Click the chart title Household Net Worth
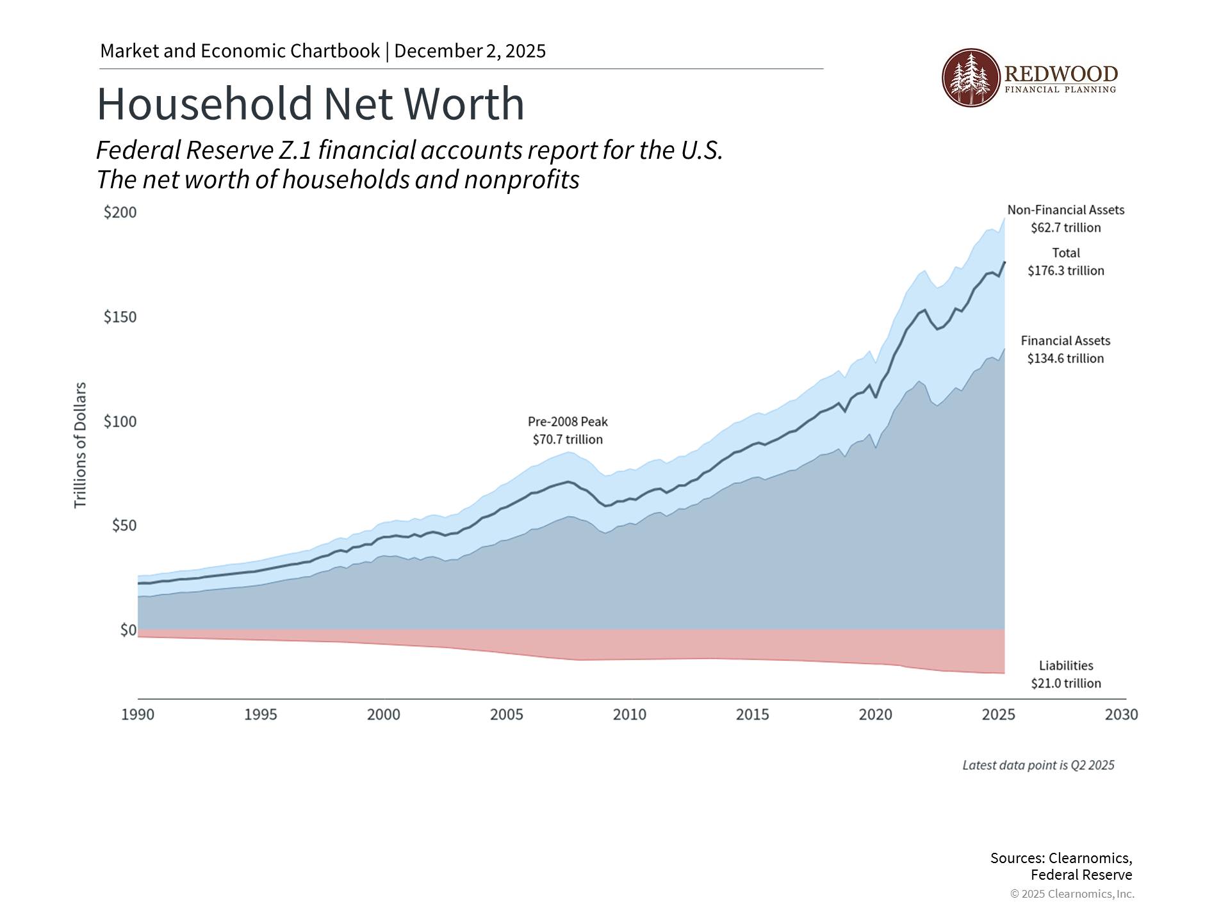(310, 104)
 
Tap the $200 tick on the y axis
(120, 213)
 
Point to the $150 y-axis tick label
(120, 317)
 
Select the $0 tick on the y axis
(128, 630)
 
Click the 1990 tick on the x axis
(138, 715)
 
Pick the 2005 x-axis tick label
(507, 715)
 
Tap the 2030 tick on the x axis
(1121, 715)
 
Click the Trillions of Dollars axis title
(80, 445)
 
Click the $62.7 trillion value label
(1066, 228)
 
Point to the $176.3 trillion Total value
(1066, 271)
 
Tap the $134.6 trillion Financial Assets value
(1066, 359)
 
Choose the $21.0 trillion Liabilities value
(1066, 683)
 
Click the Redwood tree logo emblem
(971, 77)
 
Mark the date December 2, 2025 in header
(470, 51)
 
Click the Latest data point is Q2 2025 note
(1038, 765)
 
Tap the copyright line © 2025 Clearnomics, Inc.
(1072, 894)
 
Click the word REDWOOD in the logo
(1061, 74)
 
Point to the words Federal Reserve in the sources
(1081, 875)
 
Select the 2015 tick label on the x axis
(752, 715)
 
